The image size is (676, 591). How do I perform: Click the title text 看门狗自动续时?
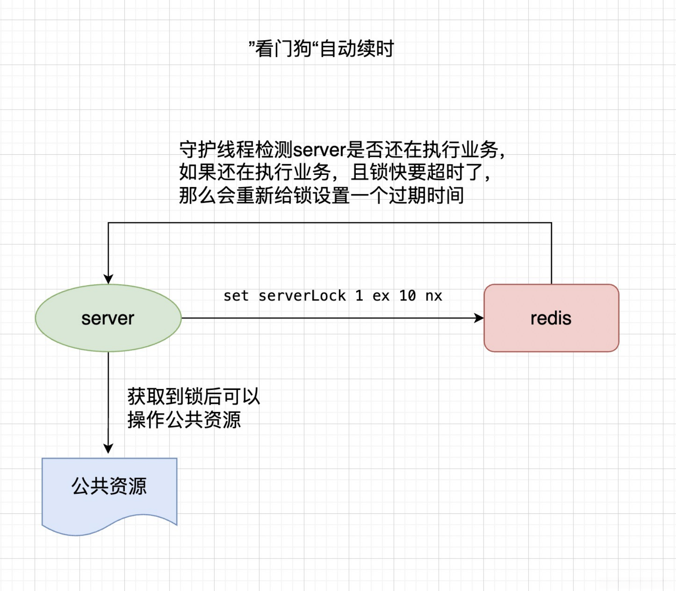pyautogui.click(x=321, y=49)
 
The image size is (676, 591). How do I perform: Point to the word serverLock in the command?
pyautogui.click(x=302, y=296)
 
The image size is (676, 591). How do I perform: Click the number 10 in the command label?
pyautogui.click(x=408, y=296)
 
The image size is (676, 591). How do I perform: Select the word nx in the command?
pyautogui.click(x=434, y=296)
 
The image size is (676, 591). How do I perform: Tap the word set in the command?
pyautogui.click(x=236, y=296)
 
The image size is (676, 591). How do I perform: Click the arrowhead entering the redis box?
pyautogui.click(x=479, y=318)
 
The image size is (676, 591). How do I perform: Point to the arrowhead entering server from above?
pyautogui.click(x=108, y=279)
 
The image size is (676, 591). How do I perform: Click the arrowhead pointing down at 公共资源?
pyautogui.click(x=108, y=448)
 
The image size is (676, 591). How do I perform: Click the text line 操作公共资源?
pyautogui.click(x=184, y=420)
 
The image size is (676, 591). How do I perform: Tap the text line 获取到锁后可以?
pyautogui.click(x=193, y=396)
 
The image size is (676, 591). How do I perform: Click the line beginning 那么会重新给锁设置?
pyautogui.click(x=321, y=196)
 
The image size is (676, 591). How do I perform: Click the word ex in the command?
pyautogui.click(x=381, y=296)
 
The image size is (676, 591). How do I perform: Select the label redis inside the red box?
pyautogui.click(x=551, y=318)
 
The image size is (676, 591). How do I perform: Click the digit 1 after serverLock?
pyautogui.click(x=359, y=296)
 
